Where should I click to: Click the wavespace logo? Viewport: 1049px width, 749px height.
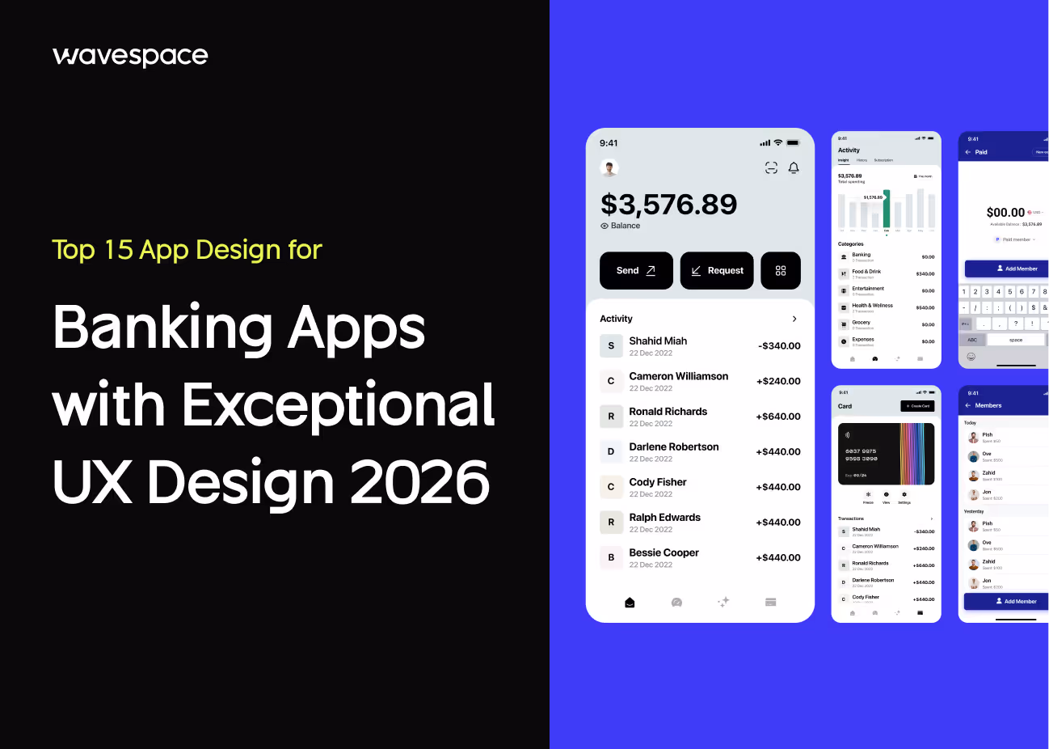pyautogui.click(x=130, y=56)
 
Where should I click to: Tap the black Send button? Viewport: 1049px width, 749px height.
pyautogui.click(x=636, y=270)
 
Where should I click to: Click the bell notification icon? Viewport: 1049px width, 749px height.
pyautogui.click(x=794, y=167)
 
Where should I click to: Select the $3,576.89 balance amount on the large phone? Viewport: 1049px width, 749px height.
pyautogui.click(x=668, y=205)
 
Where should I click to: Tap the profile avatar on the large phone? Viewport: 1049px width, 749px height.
pyautogui.click(x=609, y=167)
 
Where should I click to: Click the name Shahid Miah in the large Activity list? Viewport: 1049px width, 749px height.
pyautogui.click(x=658, y=341)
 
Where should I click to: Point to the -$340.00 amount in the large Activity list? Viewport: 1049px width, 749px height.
pyautogui.click(x=779, y=346)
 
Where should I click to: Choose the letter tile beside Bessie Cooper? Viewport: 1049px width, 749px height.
pyautogui.click(x=611, y=557)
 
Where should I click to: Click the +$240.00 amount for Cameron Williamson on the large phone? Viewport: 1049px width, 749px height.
pyautogui.click(x=778, y=381)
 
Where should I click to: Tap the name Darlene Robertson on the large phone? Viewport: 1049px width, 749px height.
pyautogui.click(x=674, y=446)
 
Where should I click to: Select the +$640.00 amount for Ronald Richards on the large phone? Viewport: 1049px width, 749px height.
pyautogui.click(x=778, y=417)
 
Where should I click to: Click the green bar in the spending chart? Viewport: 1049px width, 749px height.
pyautogui.click(x=887, y=209)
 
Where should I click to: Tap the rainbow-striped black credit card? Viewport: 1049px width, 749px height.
pyautogui.click(x=886, y=454)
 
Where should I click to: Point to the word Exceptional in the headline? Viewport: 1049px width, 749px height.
pyautogui.click(x=339, y=405)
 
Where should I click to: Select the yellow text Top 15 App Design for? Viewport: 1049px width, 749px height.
pyautogui.click(x=187, y=250)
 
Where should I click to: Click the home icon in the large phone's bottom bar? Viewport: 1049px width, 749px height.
pyautogui.click(x=630, y=602)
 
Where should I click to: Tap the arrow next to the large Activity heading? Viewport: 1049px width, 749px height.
pyautogui.click(x=794, y=319)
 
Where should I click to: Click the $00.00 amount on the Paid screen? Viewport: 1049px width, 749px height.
pyautogui.click(x=1005, y=212)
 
